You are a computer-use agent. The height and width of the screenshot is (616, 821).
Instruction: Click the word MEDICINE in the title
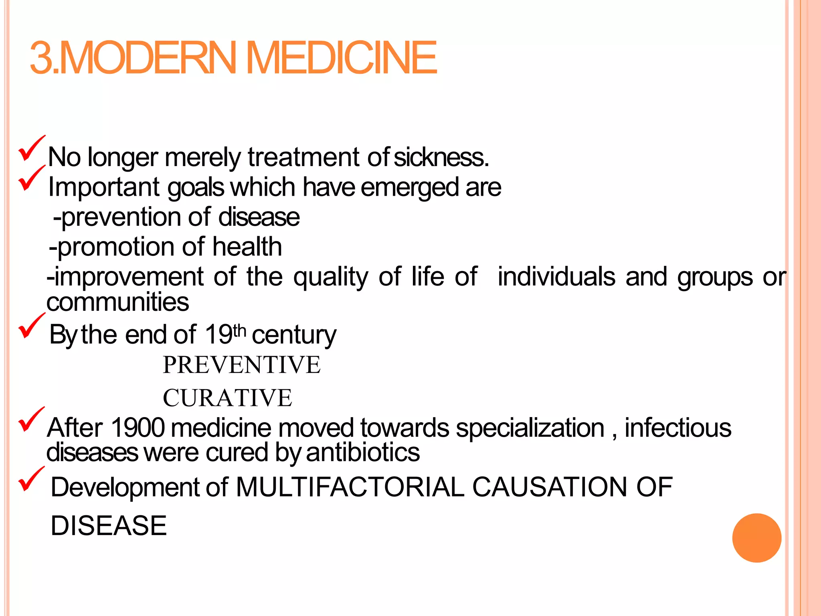(x=343, y=58)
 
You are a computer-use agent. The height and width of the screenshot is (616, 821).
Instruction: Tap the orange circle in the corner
(x=756, y=538)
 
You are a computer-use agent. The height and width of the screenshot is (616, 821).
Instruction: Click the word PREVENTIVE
(x=241, y=365)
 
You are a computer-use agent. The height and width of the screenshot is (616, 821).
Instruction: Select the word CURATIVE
(x=227, y=398)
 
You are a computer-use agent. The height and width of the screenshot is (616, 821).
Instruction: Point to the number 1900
(x=138, y=428)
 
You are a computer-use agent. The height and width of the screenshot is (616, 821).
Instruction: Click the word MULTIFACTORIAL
(x=350, y=487)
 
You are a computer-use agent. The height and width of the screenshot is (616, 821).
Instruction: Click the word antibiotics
(x=363, y=452)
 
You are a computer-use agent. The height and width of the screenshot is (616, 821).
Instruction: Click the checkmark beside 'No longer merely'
(x=31, y=148)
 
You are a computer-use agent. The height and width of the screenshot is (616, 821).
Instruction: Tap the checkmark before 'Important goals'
(x=31, y=178)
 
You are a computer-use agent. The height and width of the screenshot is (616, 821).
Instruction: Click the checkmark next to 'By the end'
(x=31, y=326)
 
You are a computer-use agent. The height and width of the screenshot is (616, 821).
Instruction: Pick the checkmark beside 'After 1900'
(x=31, y=419)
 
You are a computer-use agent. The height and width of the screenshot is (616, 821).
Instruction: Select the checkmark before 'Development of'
(x=31, y=479)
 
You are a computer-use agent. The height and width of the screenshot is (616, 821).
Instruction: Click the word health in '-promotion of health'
(x=247, y=246)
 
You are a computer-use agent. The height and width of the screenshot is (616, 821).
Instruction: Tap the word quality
(x=331, y=277)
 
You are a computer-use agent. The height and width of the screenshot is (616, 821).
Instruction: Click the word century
(x=294, y=334)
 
